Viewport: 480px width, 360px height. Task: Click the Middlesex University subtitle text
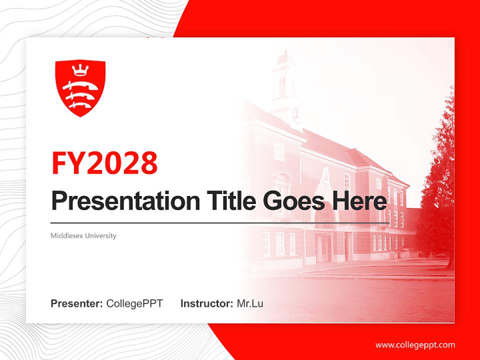(83, 235)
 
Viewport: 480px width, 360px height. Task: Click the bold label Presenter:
(77, 303)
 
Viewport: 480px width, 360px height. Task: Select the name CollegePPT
(134, 303)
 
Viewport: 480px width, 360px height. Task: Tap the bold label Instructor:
(206, 303)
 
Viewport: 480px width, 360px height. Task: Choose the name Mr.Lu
(250, 303)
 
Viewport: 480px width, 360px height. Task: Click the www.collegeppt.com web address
(415, 345)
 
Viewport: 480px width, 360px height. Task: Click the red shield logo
(80, 88)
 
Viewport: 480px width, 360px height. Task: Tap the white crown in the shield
(80, 69)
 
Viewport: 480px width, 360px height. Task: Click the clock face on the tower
(296, 115)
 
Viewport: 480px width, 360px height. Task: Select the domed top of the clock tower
(284, 57)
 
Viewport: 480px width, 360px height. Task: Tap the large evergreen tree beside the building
(437, 185)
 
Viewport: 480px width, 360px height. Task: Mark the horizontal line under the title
(220, 223)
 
